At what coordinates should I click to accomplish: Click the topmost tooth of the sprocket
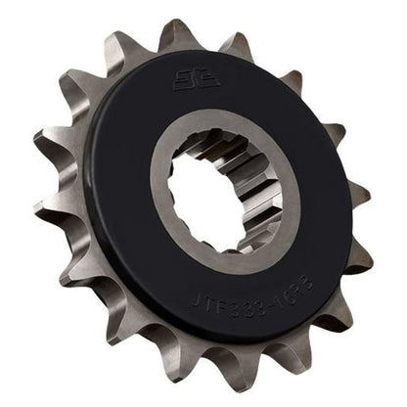pos(177,35)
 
